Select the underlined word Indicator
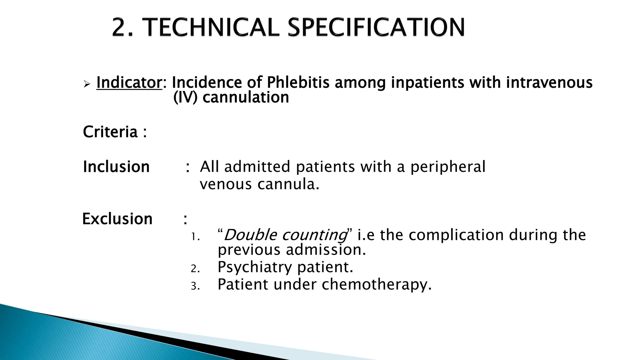129,83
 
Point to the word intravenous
549,83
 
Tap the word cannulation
246,97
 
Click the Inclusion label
116,167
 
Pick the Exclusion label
117,219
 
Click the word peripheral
448,167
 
